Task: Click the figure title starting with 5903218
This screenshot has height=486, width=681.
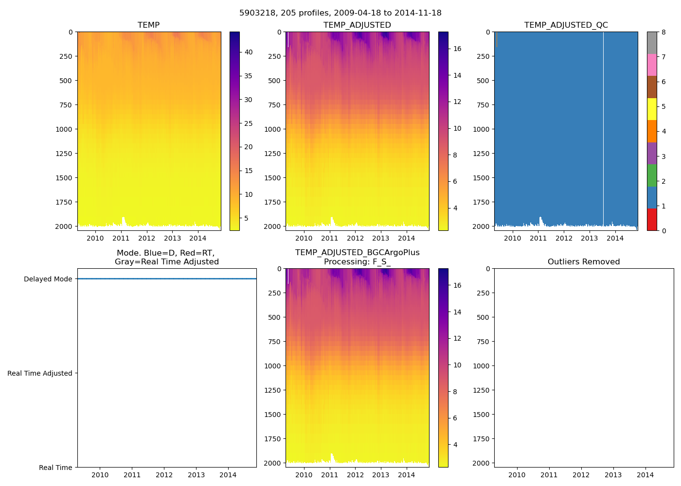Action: tap(340, 13)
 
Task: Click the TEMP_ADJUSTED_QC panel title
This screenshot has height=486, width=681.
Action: tap(566, 25)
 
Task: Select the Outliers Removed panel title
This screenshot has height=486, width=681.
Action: tap(584, 262)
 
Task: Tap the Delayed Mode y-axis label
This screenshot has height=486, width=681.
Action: tap(48, 279)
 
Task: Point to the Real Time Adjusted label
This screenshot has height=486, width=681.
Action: tap(40, 373)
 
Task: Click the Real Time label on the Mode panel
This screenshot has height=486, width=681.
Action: tap(55, 468)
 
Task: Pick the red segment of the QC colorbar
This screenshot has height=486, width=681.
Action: tap(652, 219)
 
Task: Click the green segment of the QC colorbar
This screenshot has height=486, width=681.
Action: tap(652, 175)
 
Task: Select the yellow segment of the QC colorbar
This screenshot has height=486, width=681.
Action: tap(652, 109)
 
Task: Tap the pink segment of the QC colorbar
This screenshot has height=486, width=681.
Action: tap(652, 65)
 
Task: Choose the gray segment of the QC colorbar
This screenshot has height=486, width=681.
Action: tap(652, 43)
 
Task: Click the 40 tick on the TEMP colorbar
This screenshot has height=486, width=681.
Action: tap(248, 52)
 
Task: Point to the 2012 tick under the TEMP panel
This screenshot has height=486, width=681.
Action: tap(146, 238)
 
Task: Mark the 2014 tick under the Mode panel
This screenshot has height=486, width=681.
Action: tap(228, 475)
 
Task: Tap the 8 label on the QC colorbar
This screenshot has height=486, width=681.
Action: tap(663, 32)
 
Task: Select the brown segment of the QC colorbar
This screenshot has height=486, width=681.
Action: tap(652, 87)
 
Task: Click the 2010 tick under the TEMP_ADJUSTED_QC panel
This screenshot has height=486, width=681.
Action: tap(512, 238)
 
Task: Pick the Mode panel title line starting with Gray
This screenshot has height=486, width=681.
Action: tap(166, 262)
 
